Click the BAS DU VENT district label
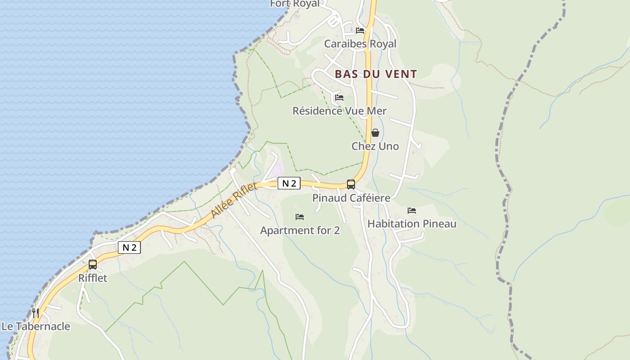[376, 74]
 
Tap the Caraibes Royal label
[360, 44]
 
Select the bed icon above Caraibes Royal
[360, 31]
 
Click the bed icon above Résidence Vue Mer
[339, 97]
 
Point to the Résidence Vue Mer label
[339, 111]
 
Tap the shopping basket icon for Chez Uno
[375, 133]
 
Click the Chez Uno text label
[375, 146]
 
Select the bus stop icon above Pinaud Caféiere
[351, 184]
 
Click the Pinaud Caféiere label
[351, 198]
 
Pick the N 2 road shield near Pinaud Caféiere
[289, 183]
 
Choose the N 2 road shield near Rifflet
[129, 247]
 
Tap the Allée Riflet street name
[234, 201]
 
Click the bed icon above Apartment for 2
[300, 217]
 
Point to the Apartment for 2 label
[300, 230]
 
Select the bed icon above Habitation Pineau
[412, 210]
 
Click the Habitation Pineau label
[412, 224]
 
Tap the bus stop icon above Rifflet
[93, 265]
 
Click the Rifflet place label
[93, 278]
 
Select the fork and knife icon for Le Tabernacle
[35, 313]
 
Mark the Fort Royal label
[294, 4]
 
